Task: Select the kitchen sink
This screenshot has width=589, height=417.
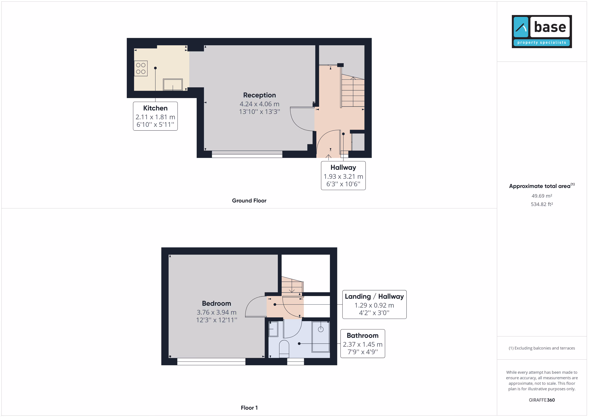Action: point(173,85)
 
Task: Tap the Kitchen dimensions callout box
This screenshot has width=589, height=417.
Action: point(155,116)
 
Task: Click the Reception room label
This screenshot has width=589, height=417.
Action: point(259,95)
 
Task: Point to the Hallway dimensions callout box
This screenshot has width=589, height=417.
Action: point(343,176)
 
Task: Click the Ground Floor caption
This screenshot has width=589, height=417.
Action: point(249,200)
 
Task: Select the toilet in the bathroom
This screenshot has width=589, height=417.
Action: point(284,349)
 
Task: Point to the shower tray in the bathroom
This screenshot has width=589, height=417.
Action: point(321,337)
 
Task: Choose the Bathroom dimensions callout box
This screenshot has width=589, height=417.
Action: point(362,343)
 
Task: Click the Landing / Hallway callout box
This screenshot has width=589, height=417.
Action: point(374,305)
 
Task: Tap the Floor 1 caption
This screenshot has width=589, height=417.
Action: point(249,408)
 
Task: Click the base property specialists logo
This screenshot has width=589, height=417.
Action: point(542,31)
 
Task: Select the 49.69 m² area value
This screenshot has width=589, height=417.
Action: point(542,196)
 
